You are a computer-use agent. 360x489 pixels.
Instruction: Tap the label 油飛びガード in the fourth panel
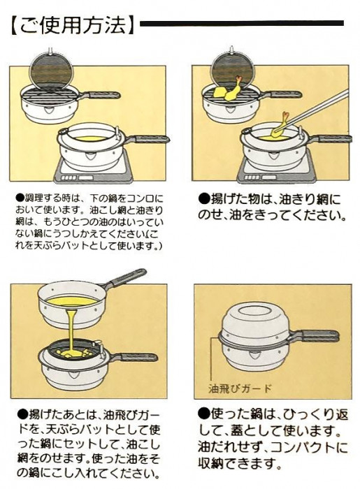pyautogui.click(x=239, y=388)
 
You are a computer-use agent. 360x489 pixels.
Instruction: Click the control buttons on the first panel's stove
pyautogui.click(x=69, y=177)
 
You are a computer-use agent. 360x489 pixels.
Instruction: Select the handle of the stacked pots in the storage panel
pyautogui.click(x=315, y=336)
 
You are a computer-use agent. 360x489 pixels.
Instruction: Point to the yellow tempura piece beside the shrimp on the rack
pyautogui.click(x=221, y=92)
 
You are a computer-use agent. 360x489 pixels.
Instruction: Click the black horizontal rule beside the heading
pyautogui.click(x=242, y=23)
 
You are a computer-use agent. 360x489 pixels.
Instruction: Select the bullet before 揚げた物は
pyautogui.click(x=203, y=199)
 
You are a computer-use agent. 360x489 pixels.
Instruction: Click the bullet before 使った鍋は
pyautogui.click(x=203, y=414)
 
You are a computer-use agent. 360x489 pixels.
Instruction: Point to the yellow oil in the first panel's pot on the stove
pyautogui.click(x=94, y=140)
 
